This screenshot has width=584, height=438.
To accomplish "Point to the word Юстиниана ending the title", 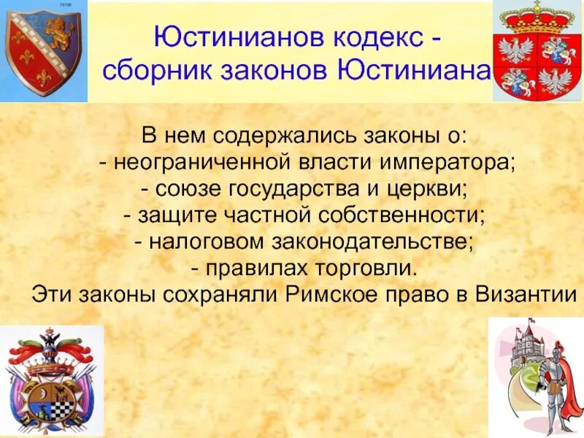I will [413, 71].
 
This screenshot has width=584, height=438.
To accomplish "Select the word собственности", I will [402, 215].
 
